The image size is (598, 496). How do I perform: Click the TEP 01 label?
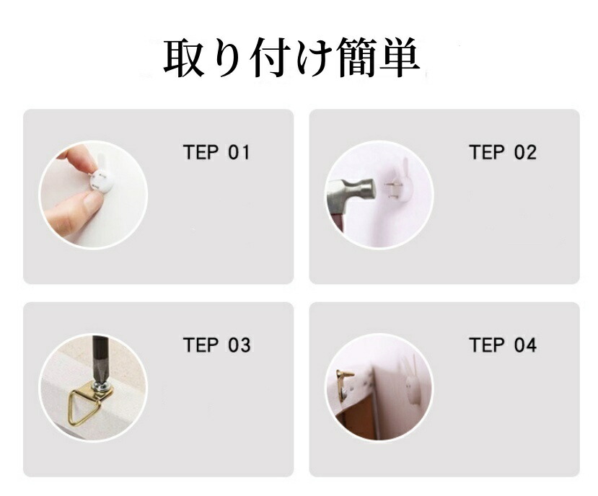coord(216,153)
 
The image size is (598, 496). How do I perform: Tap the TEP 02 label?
coord(503,153)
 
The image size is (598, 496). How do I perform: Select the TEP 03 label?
coord(216,345)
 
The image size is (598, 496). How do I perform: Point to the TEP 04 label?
coord(503,345)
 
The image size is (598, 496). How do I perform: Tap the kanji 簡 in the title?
coord(356,57)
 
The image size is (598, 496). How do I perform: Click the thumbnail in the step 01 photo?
coord(92,201)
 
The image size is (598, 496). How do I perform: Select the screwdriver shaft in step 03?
coord(100,358)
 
